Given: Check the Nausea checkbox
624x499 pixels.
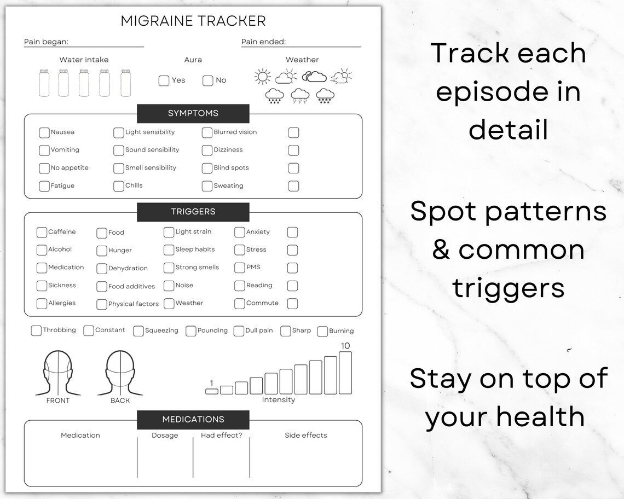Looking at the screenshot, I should pyautogui.click(x=44, y=132).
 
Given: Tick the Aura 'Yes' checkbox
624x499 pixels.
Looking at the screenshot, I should pyautogui.click(x=164, y=81).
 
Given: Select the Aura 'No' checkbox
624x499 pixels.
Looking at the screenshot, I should pyautogui.click(x=207, y=81).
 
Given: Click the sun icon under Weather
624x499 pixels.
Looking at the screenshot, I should pyautogui.click(x=263, y=77).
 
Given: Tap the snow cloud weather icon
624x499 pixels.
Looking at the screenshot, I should pyautogui.click(x=325, y=96).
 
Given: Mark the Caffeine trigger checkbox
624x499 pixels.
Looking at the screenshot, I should pyautogui.click(x=42, y=233).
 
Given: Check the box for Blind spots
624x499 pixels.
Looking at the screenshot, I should pyautogui.click(x=207, y=168).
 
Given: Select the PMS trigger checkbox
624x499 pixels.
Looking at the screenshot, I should pyautogui.click(x=239, y=268).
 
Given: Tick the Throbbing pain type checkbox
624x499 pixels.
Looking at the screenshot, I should pyautogui.click(x=36, y=330).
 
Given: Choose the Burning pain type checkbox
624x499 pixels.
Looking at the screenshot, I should pyautogui.click(x=322, y=331).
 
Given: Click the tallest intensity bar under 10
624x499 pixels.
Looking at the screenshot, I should pyautogui.click(x=345, y=373).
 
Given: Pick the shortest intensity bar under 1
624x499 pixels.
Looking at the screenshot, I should pyautogui.click(x=212, y=391).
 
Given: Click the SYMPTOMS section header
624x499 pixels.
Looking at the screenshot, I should pyautogui.click(x=193, y=113).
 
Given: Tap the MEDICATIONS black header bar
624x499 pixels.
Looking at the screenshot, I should pyautogui.click(x=193, y=420).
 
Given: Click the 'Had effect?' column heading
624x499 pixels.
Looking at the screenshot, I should pyautogui.click(x=222, y=436).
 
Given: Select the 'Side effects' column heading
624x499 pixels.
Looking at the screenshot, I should pyautogui.click(x=306, y=436).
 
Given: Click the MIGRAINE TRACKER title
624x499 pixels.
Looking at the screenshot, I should pyautogui.click(x=193, y=21).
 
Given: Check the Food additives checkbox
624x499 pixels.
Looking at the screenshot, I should pyautogui.click(x=102, y=287).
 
